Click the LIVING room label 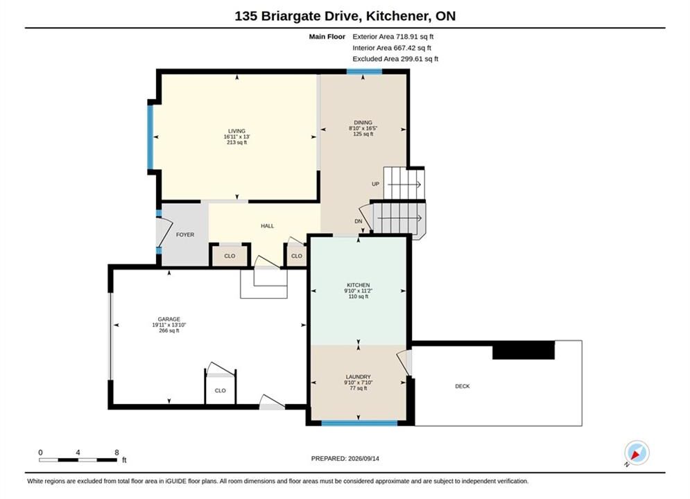[236, 131]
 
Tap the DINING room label [363, 122]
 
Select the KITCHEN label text [359, 285]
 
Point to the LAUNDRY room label [359, 377]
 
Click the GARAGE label [169, 319]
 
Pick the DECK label [463, 386]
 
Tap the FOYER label [185, 235]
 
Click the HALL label [268, 226]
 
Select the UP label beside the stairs [375, 184]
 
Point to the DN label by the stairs [359, 221]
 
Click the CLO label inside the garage [221, 390]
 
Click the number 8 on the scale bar [117, 453]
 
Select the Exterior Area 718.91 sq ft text [393, 37]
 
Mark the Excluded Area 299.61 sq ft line [395, 58]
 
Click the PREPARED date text [345, 458]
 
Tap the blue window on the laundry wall [359, 423]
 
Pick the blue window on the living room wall [150, 137]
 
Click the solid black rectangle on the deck [524, 350]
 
